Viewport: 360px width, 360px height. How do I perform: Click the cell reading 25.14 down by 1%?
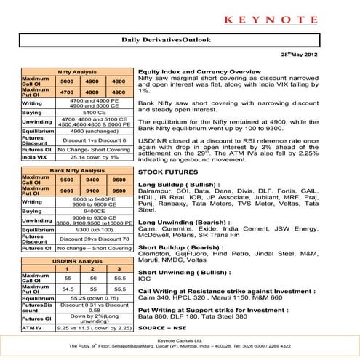tap(95, 156)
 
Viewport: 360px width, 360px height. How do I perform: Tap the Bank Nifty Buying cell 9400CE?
tap(95, 210)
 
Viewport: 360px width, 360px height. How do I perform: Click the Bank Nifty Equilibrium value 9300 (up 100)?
tap(95, 229)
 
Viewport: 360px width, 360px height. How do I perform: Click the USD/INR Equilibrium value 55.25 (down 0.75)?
tap(95, 297)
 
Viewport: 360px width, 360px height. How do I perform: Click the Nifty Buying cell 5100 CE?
tap(95, 113)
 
